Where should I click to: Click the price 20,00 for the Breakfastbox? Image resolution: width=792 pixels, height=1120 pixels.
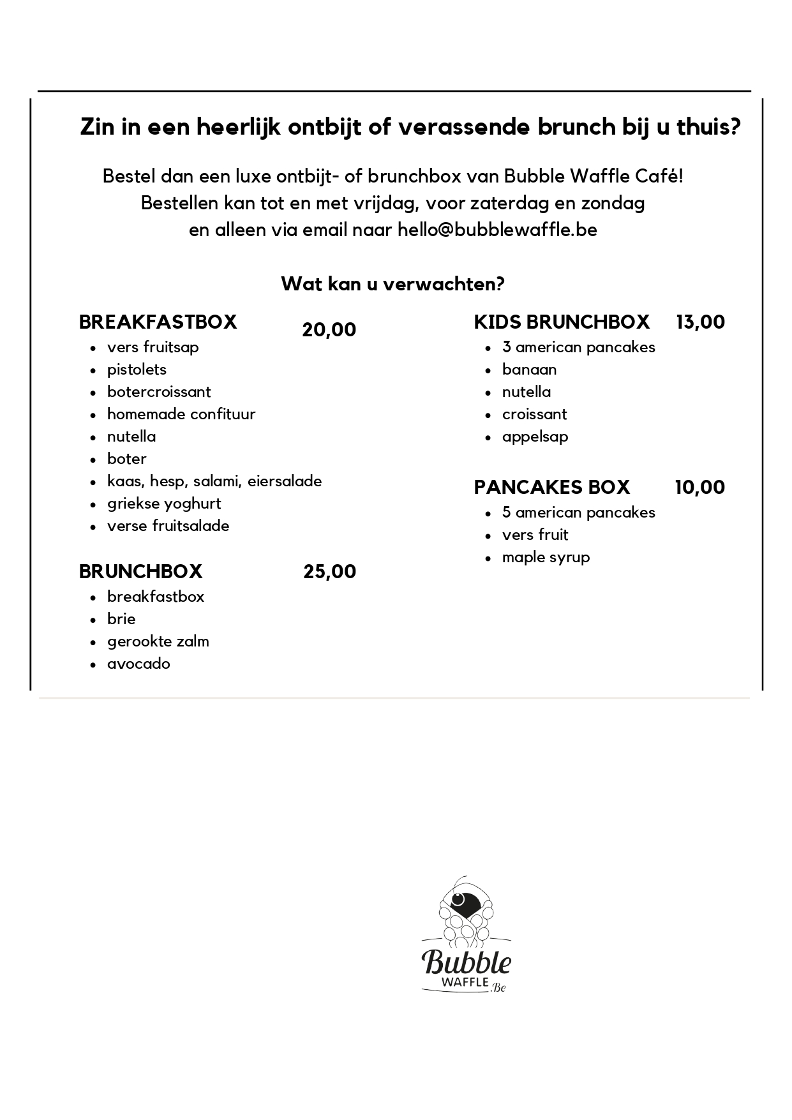329,330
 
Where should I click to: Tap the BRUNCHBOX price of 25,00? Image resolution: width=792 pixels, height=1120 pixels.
329,571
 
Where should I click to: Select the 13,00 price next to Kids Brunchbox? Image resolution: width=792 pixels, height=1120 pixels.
700,322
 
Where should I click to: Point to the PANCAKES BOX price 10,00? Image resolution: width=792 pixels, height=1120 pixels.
699,488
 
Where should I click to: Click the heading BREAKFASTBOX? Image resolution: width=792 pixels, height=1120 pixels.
158,322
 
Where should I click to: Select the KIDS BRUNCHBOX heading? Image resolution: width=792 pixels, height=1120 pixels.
561,322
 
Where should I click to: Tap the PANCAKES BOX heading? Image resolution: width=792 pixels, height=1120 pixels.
551,488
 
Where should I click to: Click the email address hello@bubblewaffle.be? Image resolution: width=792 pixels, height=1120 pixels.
497,230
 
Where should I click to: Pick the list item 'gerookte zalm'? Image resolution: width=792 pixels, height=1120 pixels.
158,641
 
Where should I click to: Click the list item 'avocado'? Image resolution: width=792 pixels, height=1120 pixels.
138,664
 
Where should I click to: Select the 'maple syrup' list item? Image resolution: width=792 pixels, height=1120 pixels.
546,557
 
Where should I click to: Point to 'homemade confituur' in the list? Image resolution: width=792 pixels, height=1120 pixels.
181,414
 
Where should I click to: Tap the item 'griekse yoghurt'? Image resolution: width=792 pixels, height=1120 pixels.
164,504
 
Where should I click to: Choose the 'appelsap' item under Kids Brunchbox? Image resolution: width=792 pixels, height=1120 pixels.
535,437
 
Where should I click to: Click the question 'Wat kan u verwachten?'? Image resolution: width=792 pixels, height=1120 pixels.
392,284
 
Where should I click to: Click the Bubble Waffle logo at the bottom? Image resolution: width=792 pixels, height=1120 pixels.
466,935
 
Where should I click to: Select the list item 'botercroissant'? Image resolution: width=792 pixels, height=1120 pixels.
159,392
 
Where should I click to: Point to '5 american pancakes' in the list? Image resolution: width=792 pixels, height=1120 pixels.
578,512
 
